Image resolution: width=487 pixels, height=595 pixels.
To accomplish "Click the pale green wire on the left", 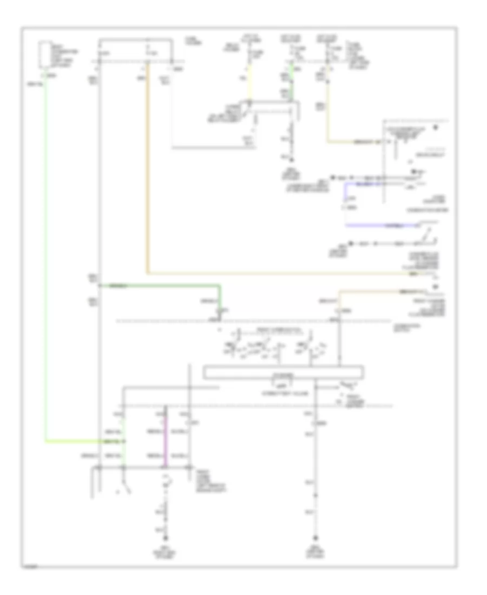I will point(45,260).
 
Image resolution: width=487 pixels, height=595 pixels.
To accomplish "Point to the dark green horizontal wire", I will point(162,285).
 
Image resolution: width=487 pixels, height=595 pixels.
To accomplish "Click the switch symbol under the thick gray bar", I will point(126,486).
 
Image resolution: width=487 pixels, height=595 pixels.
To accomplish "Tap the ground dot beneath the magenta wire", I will point(167,539).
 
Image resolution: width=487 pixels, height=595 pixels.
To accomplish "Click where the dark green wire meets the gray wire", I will point(99,285).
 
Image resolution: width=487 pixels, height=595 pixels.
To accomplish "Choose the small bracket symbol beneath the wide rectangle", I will point(280,385).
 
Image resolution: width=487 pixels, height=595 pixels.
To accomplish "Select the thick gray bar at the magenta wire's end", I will point(143,467).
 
